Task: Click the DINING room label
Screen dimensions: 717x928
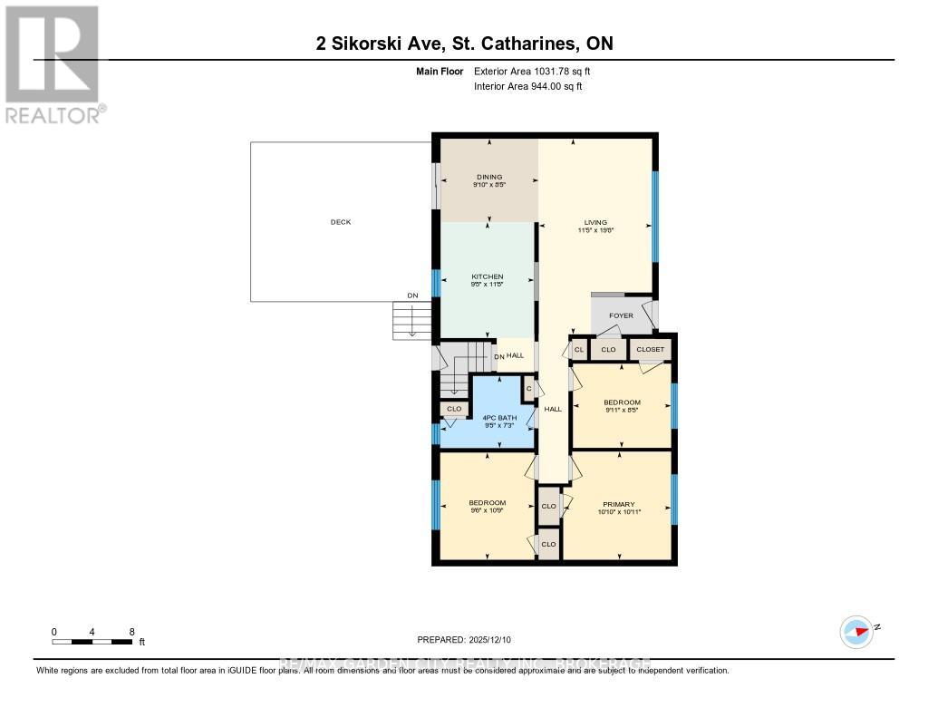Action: pos(489,177)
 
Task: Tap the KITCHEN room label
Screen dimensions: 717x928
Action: pos(487,276)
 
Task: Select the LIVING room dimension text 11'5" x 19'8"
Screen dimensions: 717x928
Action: pos(595,230)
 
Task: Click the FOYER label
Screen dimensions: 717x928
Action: pos(621,315)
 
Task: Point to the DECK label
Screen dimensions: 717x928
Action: pos(340,222)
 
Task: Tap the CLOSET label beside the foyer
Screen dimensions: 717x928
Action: pos(650,349)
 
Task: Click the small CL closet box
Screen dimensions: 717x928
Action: pos(578,349)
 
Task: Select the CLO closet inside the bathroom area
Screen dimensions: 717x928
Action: pos(454,409)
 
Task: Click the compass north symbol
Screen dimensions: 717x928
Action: pos(856,631)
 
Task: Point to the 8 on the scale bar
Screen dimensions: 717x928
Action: pos(132,631)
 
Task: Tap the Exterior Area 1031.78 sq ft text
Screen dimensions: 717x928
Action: pos(532,71)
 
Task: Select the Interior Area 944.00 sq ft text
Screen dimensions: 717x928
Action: pos(527,86)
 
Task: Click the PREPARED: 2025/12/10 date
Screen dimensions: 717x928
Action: pos(464,640)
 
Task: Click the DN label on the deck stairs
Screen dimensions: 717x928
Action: pos(412,296)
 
